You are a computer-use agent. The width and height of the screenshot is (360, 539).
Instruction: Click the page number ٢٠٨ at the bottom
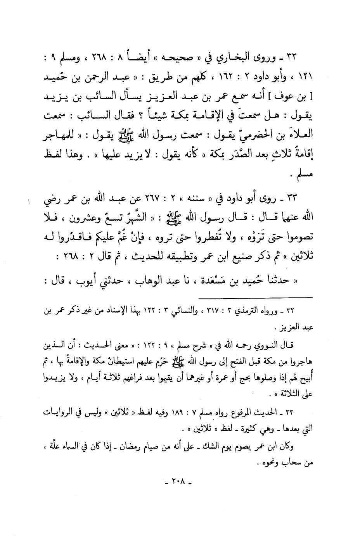(179, 483)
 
